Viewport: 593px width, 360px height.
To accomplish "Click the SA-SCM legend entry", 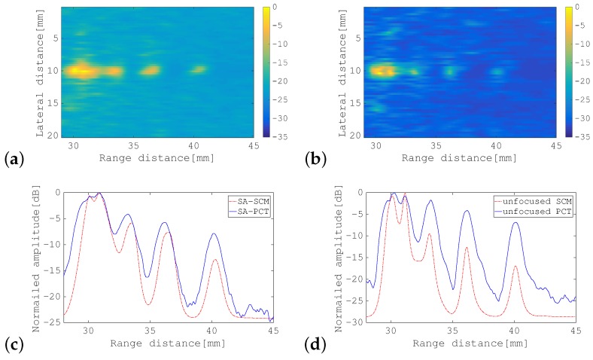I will click(x=244, y=201).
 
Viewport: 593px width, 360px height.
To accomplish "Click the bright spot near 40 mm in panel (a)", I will click(x=198, y=69).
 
